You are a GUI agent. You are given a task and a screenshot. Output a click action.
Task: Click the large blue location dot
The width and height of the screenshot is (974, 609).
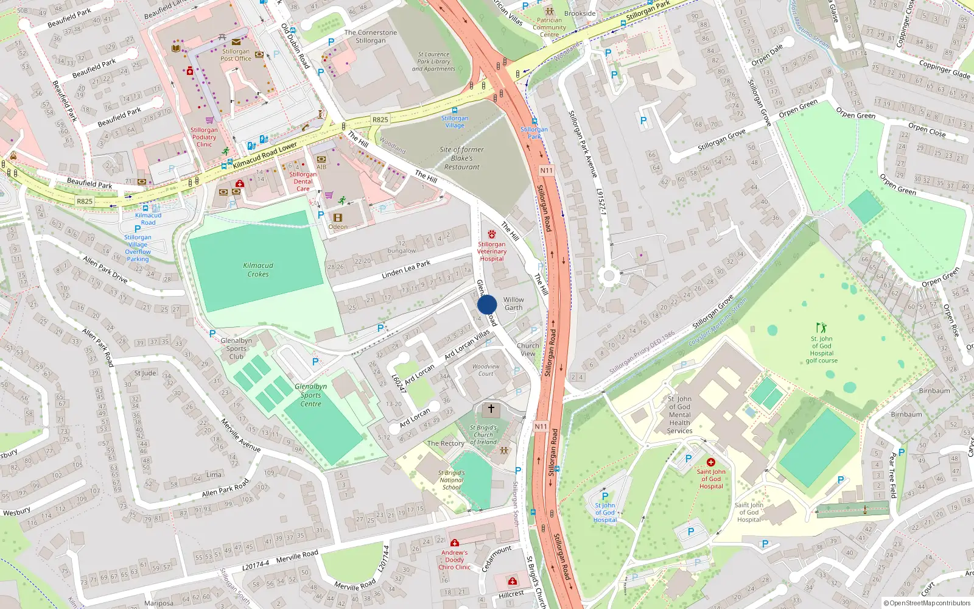coord(487,304)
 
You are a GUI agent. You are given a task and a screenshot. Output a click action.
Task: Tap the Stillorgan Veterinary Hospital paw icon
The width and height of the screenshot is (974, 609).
coord(492,234)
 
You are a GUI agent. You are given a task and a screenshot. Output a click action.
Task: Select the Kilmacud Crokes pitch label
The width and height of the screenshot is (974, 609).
coord(258,270)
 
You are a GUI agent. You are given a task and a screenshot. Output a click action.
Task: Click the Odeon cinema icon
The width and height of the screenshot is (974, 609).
coord(338,217)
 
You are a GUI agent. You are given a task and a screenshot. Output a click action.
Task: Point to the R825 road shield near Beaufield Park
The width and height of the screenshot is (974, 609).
coord(85,201)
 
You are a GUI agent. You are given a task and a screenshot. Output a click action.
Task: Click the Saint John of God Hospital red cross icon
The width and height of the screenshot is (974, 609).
coord(710,462)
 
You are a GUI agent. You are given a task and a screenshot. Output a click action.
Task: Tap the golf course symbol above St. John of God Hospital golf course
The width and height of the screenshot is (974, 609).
coord(821,328)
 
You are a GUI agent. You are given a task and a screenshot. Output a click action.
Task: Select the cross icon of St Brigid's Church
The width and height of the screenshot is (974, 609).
coord(491,409)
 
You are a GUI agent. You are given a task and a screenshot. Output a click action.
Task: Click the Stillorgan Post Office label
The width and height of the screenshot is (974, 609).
coord(236,55)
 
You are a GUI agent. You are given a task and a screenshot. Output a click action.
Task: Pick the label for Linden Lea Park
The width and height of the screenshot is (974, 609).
coord(405,269)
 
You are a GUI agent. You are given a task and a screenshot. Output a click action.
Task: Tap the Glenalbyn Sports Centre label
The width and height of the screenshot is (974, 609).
coord(310,395)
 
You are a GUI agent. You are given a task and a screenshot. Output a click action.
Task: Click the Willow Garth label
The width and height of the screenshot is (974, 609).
coord(513,303)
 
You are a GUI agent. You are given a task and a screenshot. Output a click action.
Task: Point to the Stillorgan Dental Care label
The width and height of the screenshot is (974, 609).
coord(303,181)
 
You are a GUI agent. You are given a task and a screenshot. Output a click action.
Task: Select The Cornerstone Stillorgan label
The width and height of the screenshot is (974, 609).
coord(370,37)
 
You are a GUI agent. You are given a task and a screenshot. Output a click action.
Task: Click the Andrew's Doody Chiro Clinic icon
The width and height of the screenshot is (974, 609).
coord(454,543)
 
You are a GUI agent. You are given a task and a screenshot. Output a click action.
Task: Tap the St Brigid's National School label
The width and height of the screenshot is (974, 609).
coord(451,480)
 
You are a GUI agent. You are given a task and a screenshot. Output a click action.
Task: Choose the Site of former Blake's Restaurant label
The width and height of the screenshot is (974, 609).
coord(461,158)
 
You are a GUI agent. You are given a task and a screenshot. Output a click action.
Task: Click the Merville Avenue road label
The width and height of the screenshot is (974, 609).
coord(240,435)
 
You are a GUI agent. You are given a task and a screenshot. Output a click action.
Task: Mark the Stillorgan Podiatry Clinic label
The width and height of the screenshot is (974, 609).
coord(204,137)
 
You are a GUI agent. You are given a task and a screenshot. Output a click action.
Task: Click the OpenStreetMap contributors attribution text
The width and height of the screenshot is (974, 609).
coord(927,603)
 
